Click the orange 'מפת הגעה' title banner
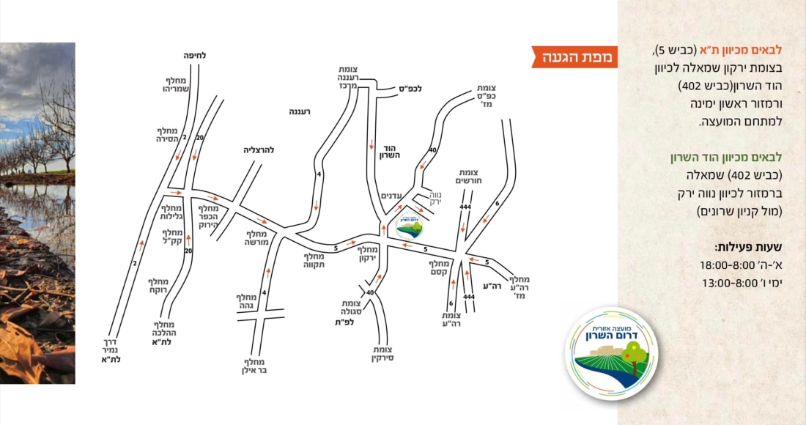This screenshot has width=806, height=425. (x=575, y=56)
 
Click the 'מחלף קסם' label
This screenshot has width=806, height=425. (x=438, y=267)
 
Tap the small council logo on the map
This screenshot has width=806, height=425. (x=410, y=226)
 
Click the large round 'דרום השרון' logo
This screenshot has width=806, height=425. (x=611, y=352)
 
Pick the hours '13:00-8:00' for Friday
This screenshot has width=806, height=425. (x=730, y=282)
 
